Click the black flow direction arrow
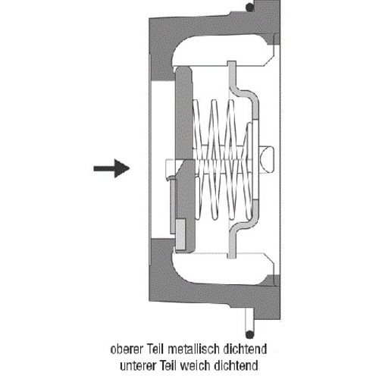click(x=111, y=168)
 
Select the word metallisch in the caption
click(x=193, y=349)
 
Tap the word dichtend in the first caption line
click(x=245, y=349)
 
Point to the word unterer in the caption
click(x=138, y=365)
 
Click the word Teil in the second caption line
click(x=168, y=365)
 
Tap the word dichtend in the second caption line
click(x=236, y=365)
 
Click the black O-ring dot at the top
click(x=250, y=8)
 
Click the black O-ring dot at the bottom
click(x=250, y=334)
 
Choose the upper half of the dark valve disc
click(x=183, y=113)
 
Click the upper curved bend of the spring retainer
click(x=244, y=96)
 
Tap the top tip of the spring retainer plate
click(x=232, y=63)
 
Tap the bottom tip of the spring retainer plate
click(x=232, y=256)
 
